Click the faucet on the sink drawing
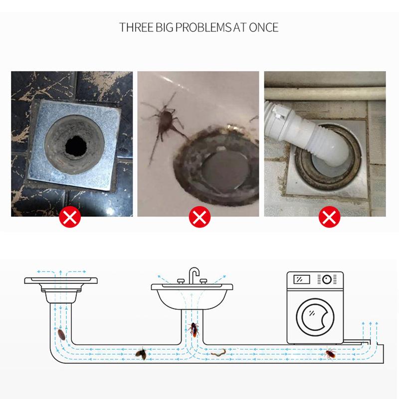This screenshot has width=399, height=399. (194, 275)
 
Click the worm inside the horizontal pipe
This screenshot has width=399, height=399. (218, 352)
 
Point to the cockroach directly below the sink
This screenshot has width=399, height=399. (194, 329)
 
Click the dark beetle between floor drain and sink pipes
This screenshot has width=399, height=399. (141, 354)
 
